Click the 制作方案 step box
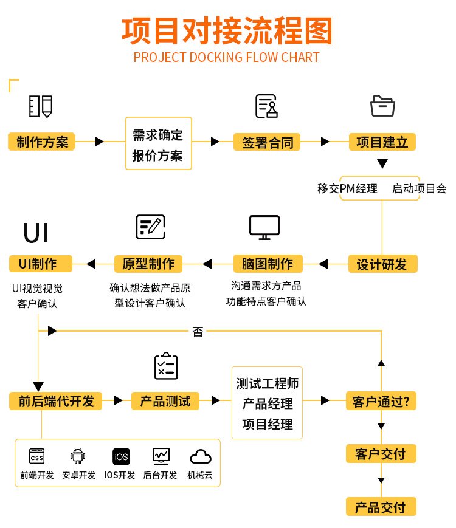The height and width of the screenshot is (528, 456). pyautogui.click(x=42, y=142)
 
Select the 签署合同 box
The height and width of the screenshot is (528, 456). pyautogui.click(x=268, y=142)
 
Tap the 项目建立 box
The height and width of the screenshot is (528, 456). pyautogui.click(x=382, y=142)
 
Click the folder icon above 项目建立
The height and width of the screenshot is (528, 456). pyautogui.click(x=382, y=106)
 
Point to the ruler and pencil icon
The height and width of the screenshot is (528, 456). pyautogui.click(x=41, y=106)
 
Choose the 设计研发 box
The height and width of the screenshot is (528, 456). pyautogui.click(x=382, y=264)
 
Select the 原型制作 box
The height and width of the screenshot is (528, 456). pyautogui.click(x=149, y=264)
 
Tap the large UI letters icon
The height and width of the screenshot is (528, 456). pyautogui.click(x=36, y=233)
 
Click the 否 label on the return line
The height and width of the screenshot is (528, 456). pyautogui.click(x=198, y=331)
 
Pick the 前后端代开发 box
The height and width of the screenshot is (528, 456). pyautogui.click(x=56, y=401)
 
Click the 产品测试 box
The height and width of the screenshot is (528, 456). pyautogui.click(x=165, y=401)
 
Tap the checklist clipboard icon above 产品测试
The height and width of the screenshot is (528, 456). pyautogui.click(x=165, y=366)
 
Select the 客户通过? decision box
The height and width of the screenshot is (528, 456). pyautogui.click(x=381, y=401)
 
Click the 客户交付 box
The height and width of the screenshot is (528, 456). pyautogui.click(x=381, y=453)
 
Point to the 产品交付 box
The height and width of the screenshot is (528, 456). pyautogui.click(x=381, y=506)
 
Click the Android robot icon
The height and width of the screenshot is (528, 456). pyautogui.click(x=78, y=456)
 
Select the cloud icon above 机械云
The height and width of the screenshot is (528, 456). pyautogui.click(x=201, y=456)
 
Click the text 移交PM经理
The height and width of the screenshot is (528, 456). pyautogui.click(x=347, y=188)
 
